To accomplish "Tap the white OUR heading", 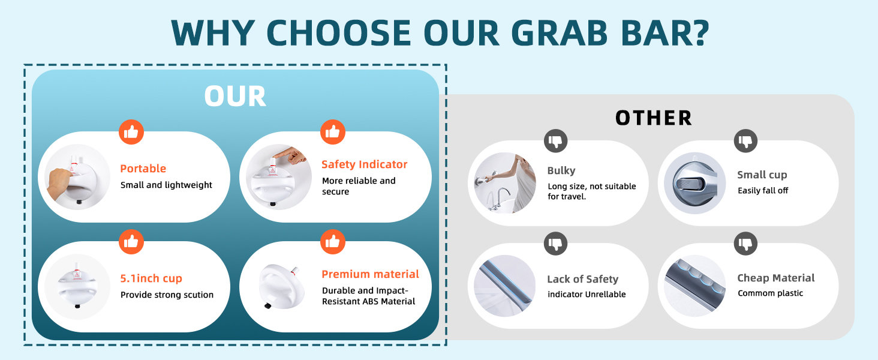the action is pos(235,97).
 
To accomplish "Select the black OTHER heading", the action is pos(654,118).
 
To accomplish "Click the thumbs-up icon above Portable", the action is pos(131,132).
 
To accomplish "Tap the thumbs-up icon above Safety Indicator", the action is pos(333,132).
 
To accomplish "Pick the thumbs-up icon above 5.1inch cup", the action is pos(131,242).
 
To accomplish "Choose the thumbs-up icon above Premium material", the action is pos(333,242).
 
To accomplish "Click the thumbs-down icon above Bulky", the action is pos(556,141).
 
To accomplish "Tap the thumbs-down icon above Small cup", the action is pos(745,141).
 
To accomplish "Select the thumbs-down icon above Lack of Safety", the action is pos(556,244).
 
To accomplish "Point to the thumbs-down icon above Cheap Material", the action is pos(745,244).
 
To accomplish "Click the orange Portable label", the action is pos(143,169).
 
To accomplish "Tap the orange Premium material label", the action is pos(371,274).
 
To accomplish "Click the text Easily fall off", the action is pos(763,191).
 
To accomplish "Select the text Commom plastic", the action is pos(770,293).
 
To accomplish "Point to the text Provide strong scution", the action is pos(167,295).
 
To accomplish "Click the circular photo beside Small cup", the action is pos(695,183).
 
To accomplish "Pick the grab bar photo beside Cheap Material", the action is pos(695,286).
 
